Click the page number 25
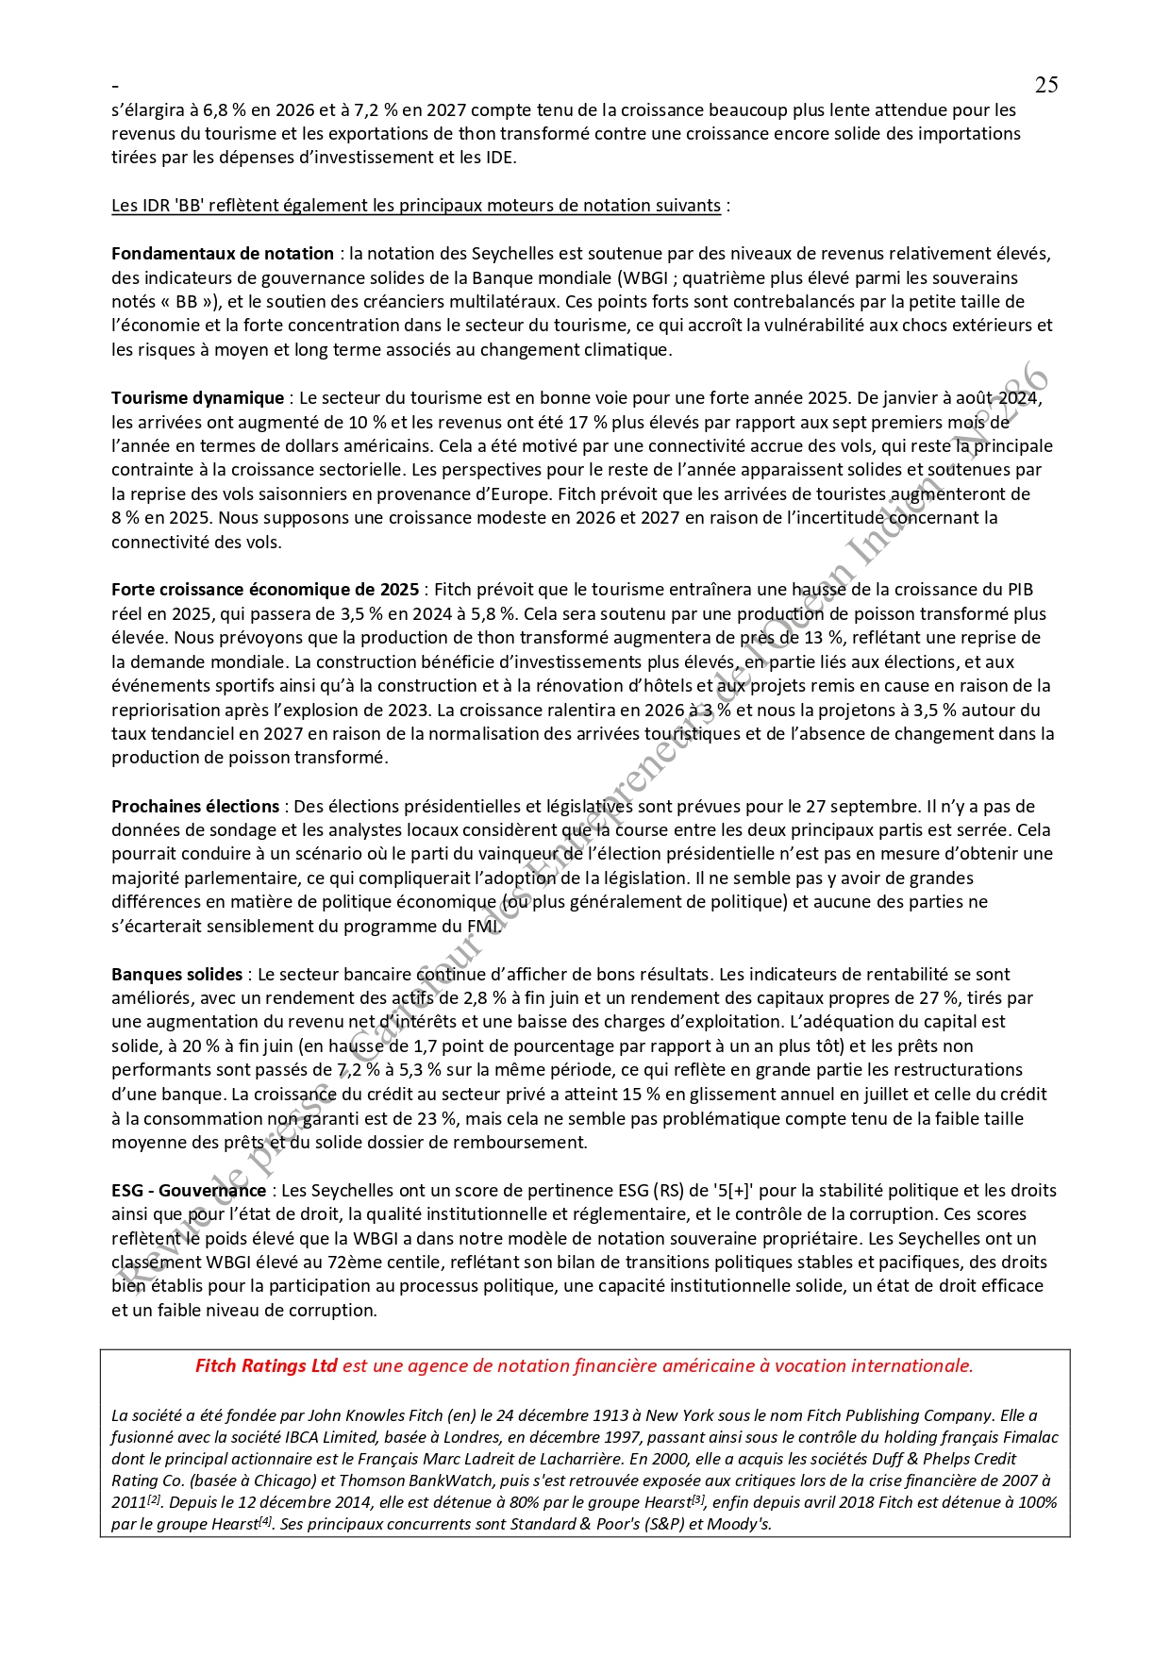coord(1045,85)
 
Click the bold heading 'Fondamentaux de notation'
coord(223,254)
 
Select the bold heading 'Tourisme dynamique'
coord(197,398)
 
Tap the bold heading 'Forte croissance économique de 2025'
coord(265,590)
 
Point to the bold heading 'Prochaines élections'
coord(195,807)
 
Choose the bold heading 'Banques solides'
coord(176,975)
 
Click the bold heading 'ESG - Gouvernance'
coord(189,1191)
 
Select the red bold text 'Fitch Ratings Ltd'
coord(266,1366)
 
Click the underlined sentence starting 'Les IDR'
coord(416,206)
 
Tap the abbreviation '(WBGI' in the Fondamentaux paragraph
coord(643,278)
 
